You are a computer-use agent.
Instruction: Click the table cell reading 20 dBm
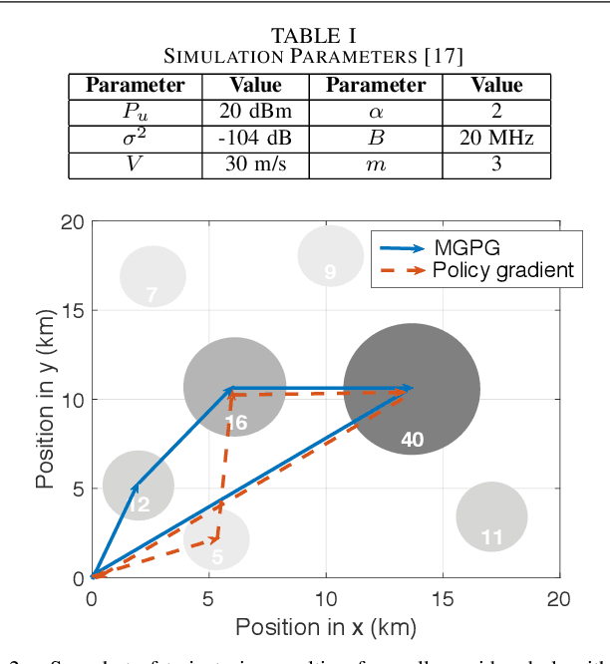pos(255,112)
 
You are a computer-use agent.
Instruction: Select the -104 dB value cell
pos(255,138)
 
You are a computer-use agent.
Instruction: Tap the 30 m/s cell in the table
pos(255,164)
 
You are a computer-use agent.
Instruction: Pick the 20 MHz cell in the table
pos(496,138)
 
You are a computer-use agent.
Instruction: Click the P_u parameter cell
pos(135,112)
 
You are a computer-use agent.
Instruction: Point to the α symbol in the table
pos(376,112)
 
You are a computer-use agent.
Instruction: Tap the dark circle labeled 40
pos(411,390)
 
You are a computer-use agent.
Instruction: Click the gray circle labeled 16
pos(235,387)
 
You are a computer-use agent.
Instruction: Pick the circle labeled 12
pos(139,487)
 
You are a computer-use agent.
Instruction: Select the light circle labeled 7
pos(152,277)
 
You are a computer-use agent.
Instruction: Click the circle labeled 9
pos(331,255)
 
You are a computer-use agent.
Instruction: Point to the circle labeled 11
pos(491,516)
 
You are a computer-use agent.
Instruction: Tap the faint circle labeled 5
pos(216,539)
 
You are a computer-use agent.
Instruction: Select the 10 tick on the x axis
pos(325,598)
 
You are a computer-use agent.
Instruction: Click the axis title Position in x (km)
pos(325,627)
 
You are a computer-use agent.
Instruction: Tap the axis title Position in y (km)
pos(45,399)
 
